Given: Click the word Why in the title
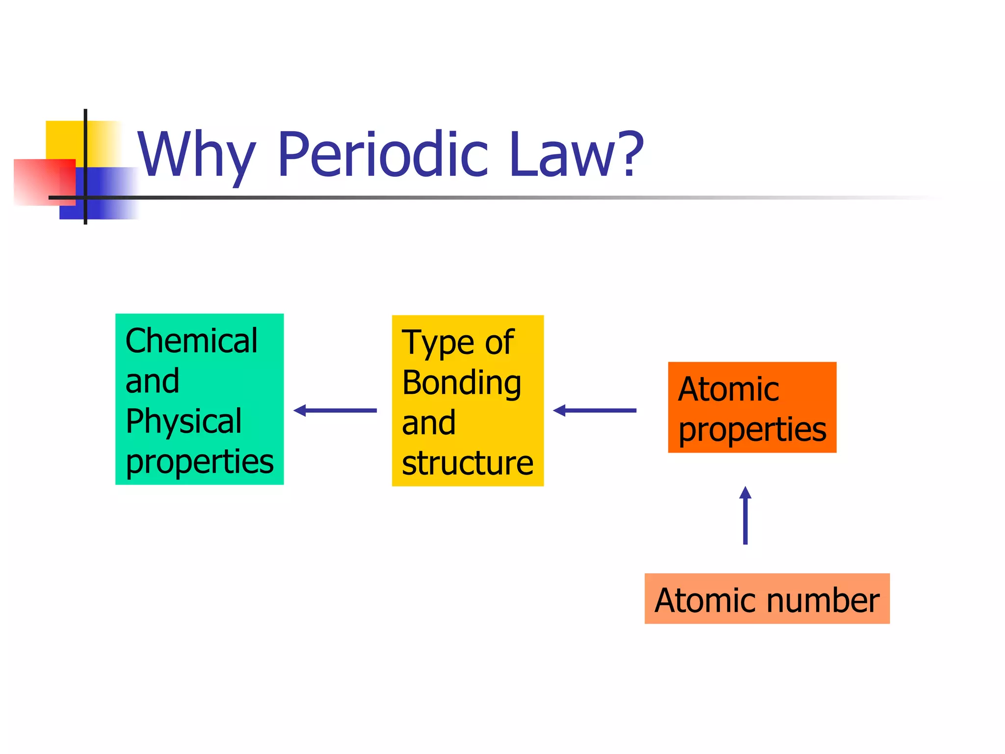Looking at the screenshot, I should [x=196, y=156].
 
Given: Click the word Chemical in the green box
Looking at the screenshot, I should [x=191, y=341].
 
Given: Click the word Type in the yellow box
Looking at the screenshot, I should [x=439, y=344].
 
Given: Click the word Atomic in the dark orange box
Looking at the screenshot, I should [x=728, y=390].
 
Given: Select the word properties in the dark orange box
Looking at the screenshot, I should [x=752, y=430].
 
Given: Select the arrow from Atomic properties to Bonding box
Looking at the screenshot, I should [x=595, y=410].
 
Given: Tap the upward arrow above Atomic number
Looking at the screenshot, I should [x=745, y=515].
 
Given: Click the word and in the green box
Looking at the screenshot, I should [x=152, y=381].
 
